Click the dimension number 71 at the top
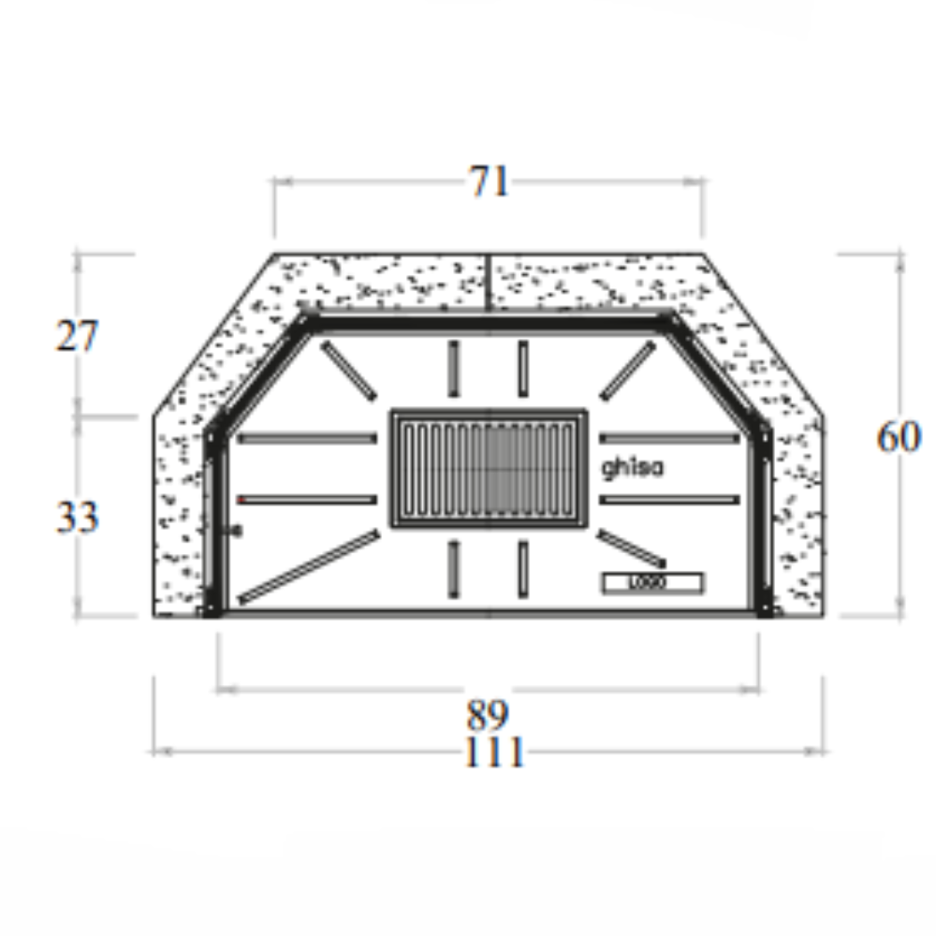490,182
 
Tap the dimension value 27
77,336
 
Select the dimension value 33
77,516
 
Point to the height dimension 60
899,437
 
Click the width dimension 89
488,716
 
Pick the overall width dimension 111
493,752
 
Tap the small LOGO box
651,583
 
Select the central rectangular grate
489,468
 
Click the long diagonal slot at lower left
310,565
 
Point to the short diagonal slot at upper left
349,369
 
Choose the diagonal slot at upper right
628,369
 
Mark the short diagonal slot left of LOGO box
631,548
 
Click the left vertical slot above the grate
454,369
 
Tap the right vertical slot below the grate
523,568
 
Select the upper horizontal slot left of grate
307,438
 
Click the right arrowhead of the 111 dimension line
821,752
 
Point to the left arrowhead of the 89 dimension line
223,690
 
